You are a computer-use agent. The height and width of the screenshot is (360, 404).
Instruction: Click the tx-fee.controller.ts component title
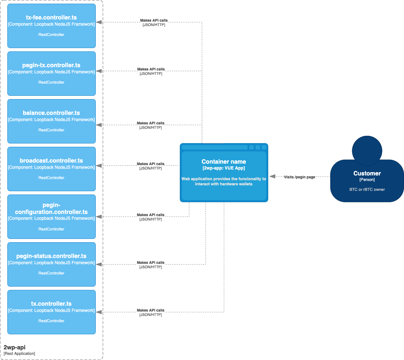(x=51, y=18)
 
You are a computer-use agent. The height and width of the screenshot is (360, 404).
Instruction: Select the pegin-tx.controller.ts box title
(x=51, y=65)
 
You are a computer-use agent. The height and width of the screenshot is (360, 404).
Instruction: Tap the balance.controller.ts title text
(x=51, y=113)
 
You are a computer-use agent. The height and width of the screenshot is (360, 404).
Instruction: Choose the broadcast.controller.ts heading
(x=51, y=161)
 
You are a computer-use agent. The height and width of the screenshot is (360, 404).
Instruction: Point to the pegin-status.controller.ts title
(x=51, y=256)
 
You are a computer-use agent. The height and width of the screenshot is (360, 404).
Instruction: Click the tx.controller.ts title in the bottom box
(x=51, y=304)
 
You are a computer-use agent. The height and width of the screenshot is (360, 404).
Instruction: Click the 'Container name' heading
(x=224, y=162)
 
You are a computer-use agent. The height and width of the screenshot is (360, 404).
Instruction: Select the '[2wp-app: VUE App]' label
(x=224, y=168)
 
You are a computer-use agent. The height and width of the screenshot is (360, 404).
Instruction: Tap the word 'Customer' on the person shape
(x=367, y=174)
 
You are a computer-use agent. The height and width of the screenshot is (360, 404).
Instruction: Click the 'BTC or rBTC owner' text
(x=367, y=189)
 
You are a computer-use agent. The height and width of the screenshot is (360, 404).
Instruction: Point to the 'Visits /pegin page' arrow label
(x=299, y=177)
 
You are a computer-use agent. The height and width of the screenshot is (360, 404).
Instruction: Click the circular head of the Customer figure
(x=367, y=150)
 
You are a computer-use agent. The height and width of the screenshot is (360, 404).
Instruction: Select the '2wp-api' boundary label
(x=14, y=347)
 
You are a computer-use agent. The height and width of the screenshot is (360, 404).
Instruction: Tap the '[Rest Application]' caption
(x=19, y=353)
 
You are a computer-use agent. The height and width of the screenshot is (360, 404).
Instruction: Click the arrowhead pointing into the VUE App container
(x=272, y=177)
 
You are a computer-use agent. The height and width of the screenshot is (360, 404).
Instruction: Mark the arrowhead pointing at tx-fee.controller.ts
(x=99, y=22)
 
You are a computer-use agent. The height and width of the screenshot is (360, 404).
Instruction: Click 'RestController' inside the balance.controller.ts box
(x=51, y=130)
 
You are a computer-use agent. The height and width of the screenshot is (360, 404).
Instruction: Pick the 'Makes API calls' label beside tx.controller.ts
(x=150, y=310)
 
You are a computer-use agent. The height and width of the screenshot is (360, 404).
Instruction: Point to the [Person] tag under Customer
(x=367, y=180)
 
